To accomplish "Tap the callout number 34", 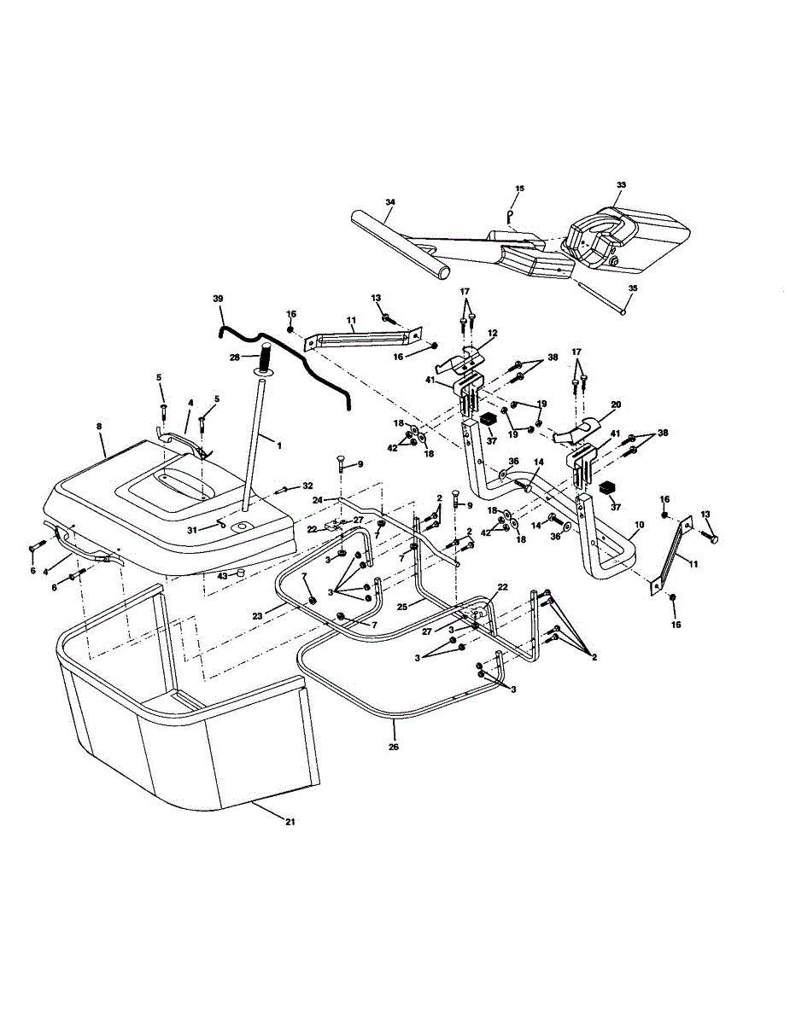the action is click(x=390, y=202).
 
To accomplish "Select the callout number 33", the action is click(x=621, y=184).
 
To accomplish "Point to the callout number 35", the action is click(x=632, y=288).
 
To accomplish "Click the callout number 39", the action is click(x=217, y=299).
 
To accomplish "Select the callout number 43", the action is click(x=222, y=575).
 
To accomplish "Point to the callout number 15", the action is click(x=519, y=188).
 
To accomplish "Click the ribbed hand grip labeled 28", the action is click(x=265, y=352).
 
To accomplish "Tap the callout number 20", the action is click(x=616, y=404).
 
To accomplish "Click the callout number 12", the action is click(x=492, y=333).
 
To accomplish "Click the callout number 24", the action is click(x=316, y=499).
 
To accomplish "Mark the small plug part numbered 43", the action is click(x=242, y=573).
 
